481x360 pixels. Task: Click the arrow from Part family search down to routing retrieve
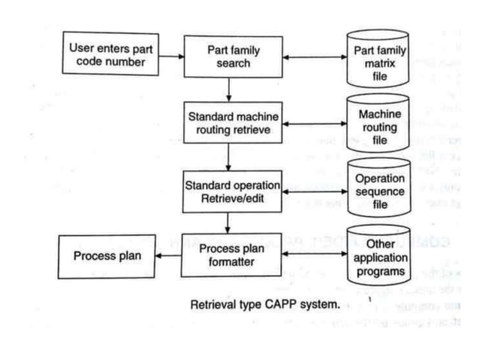point(228,90)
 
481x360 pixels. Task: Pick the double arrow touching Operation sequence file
point(314,191)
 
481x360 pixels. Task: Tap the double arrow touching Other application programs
point(310,256)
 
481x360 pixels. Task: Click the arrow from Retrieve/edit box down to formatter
point(228,223)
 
